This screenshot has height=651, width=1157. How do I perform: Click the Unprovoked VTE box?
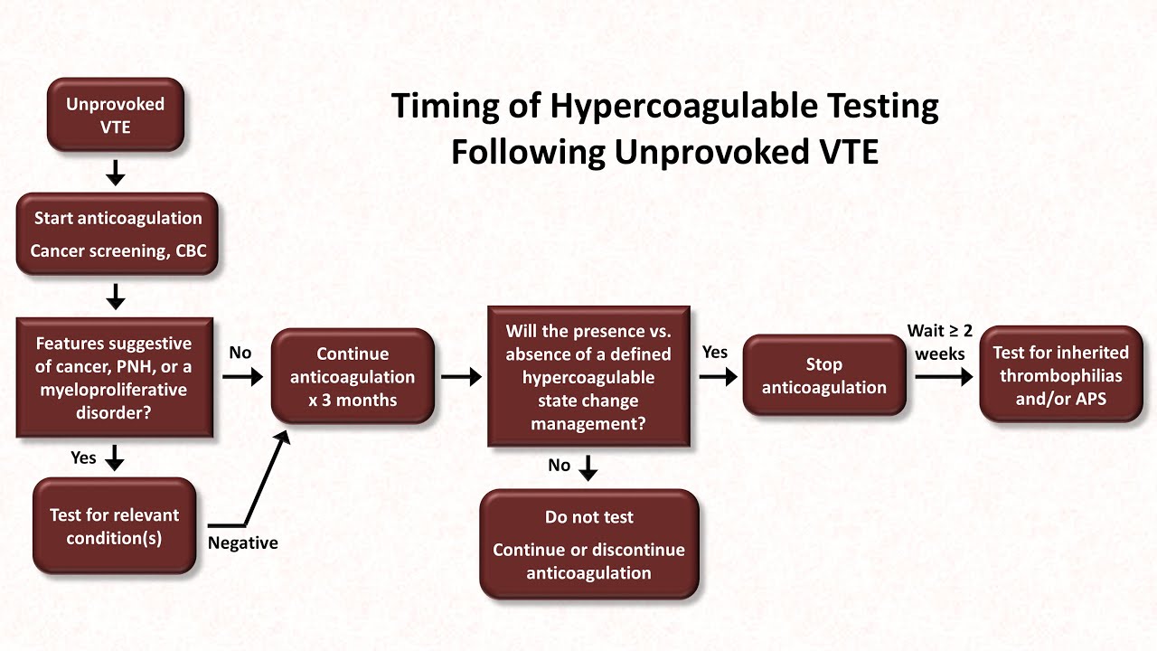[x=115, y=115]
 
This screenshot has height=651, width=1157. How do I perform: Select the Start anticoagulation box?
[x=118, y=233]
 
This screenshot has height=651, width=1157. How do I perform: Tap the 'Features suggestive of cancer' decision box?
[x=115, y=377]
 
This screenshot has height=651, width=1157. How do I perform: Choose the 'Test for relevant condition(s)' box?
[x=114, y=525]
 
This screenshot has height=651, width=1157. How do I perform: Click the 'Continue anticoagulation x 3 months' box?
[x=353, y=376]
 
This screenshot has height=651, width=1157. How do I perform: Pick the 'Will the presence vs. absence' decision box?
[x=588, y=377]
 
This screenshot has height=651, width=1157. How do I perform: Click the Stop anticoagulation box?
[x=823, y=375]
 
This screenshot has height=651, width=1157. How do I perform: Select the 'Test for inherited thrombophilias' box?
[x=1060, y=375]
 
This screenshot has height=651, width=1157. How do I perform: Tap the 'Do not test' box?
[x=588, y=544]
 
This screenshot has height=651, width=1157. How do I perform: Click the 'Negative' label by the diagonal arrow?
[x=242, y=542]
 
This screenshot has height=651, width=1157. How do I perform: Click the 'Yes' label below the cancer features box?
[x=83, y=458]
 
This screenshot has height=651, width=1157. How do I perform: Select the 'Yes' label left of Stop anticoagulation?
[x=714, y=352]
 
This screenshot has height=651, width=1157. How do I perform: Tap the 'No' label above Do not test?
[x=560, y=465]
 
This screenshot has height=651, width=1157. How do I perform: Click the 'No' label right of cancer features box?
[x=240, y=352]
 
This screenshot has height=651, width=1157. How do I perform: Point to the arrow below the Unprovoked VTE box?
[x=115, y=172]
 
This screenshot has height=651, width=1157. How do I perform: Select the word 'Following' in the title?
[x=529, y=152]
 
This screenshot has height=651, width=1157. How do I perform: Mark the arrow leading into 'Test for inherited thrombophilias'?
[x=944, y=376]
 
